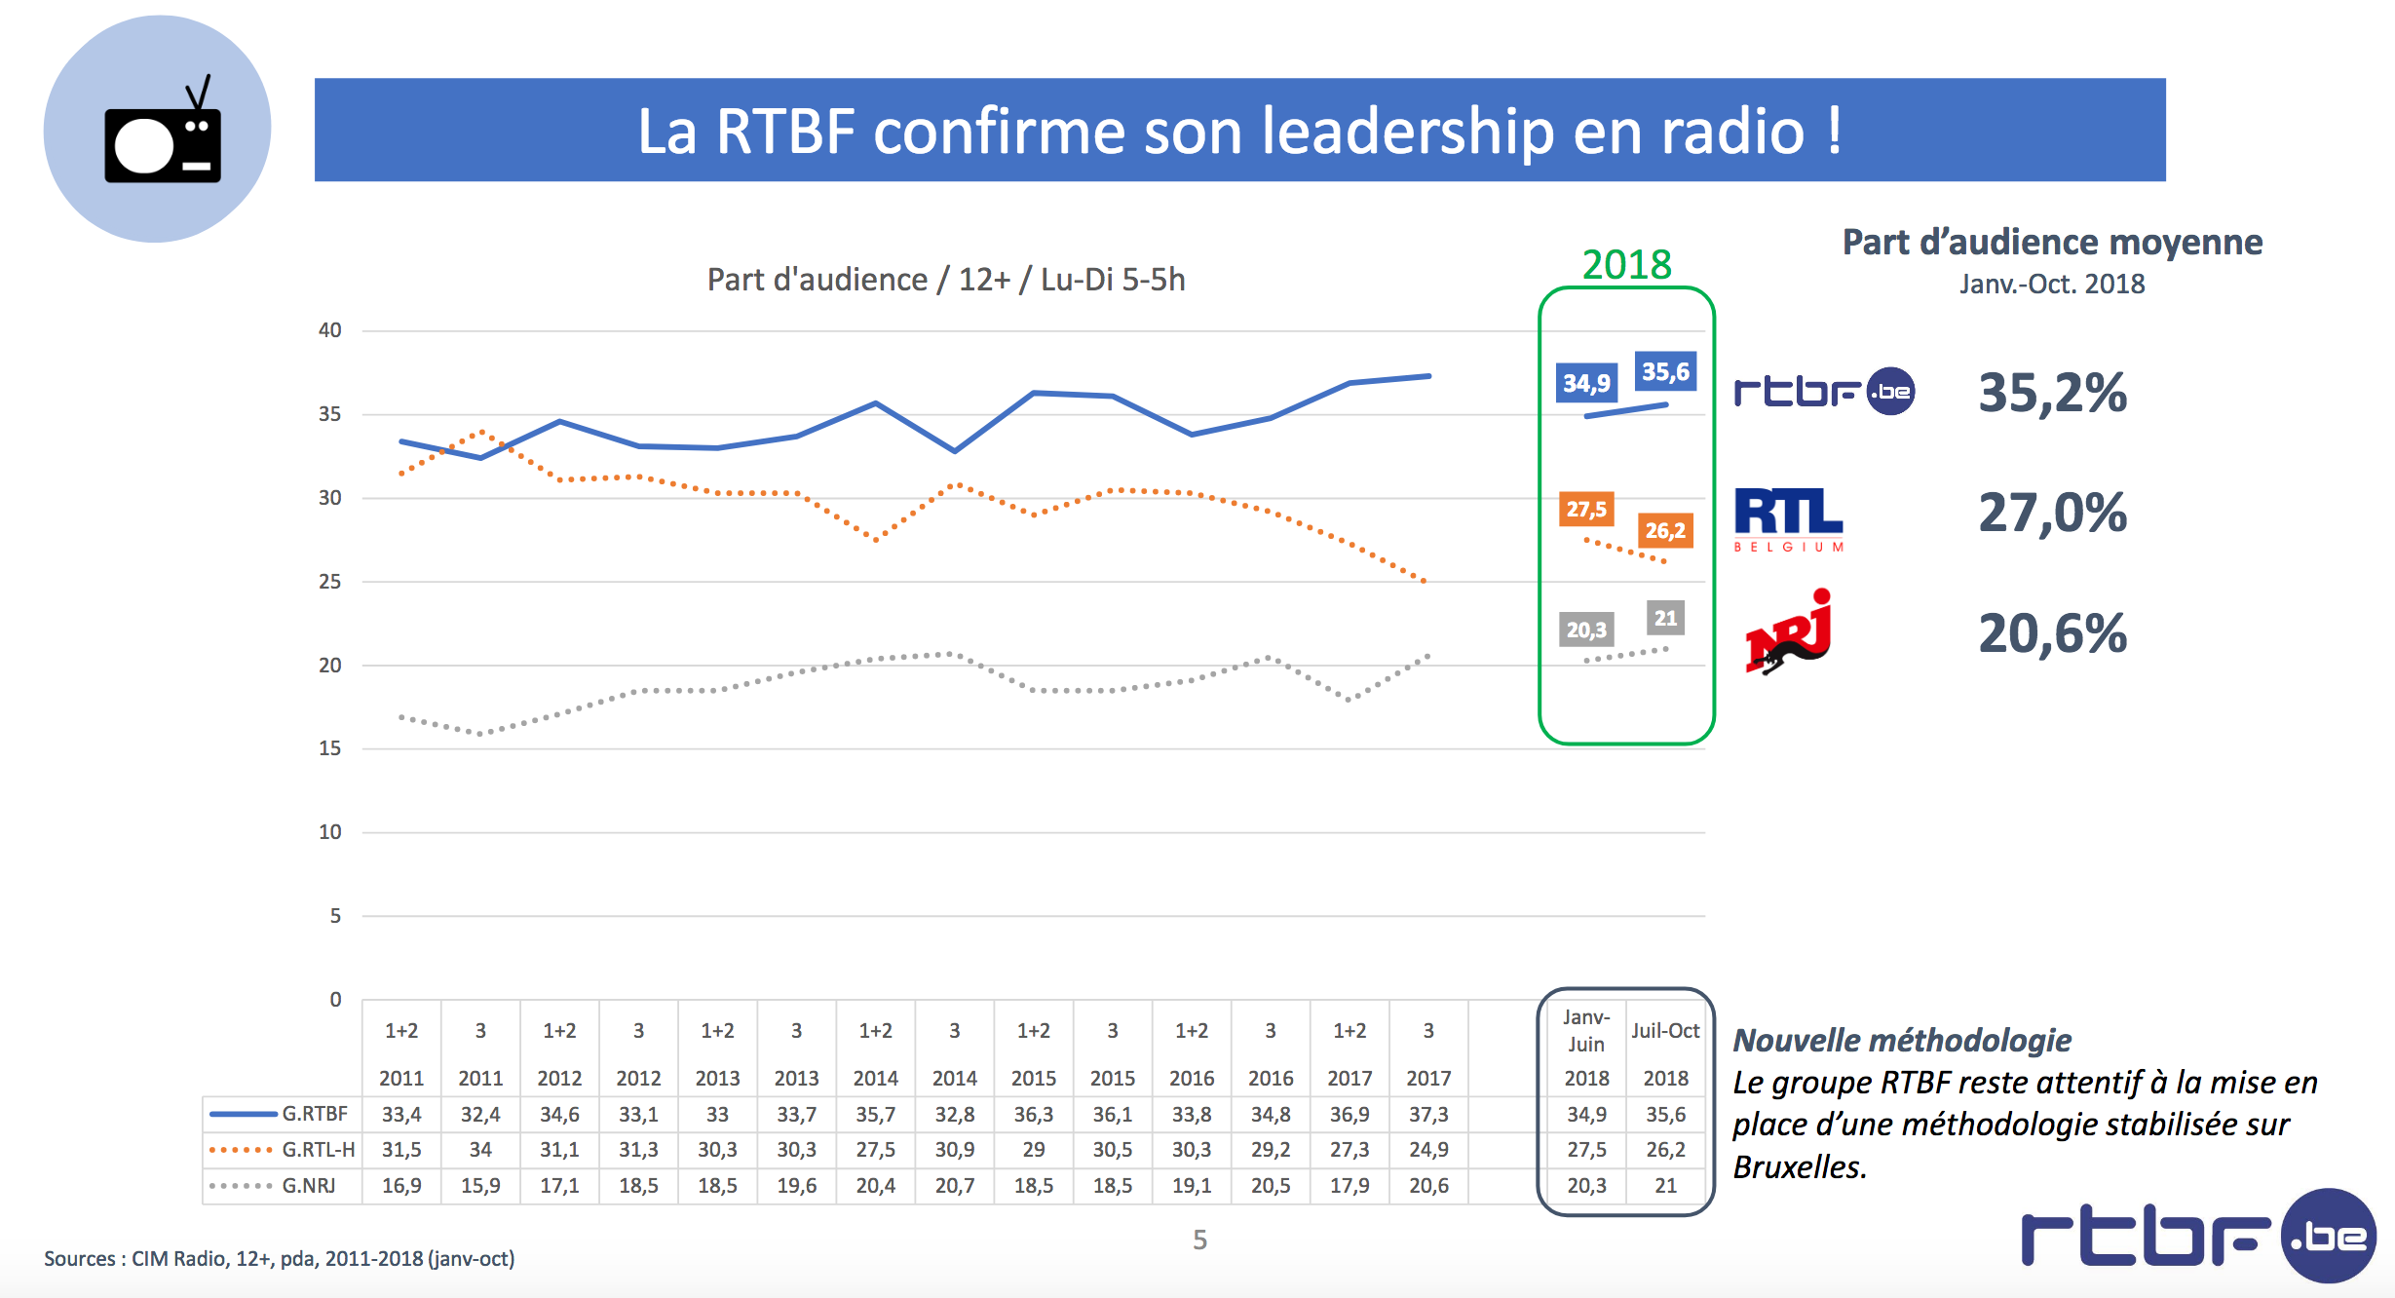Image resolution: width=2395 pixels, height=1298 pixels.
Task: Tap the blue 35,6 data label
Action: pos(1665,371)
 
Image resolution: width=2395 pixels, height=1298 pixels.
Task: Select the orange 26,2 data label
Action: pos(1665,531)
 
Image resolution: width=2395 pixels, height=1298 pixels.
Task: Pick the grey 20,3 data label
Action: pos(1586,630)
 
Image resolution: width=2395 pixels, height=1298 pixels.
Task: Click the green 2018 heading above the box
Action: pos(1626,264)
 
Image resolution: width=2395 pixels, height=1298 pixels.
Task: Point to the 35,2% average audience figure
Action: pos(2052,393)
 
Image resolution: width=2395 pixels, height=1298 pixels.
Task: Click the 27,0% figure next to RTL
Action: pos(2052,513)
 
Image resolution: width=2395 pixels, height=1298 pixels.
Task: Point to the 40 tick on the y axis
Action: pos(330,330)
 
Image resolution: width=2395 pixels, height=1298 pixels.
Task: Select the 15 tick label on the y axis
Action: pos(330,748)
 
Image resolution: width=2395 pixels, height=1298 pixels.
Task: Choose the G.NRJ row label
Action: pos(308,1186)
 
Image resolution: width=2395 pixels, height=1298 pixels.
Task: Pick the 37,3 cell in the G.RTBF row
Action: pos(1428,1114)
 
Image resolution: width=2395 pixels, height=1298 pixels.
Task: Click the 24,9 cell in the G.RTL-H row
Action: pos(1428,1150)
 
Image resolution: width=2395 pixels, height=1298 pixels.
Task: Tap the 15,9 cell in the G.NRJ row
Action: pos(480,1186)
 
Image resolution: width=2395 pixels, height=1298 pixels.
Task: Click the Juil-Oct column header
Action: pos(1665,1031)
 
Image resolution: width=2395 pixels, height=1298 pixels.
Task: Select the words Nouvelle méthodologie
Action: pos(1902,1041)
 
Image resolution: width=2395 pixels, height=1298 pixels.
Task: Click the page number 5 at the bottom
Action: pos(1200,1240)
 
